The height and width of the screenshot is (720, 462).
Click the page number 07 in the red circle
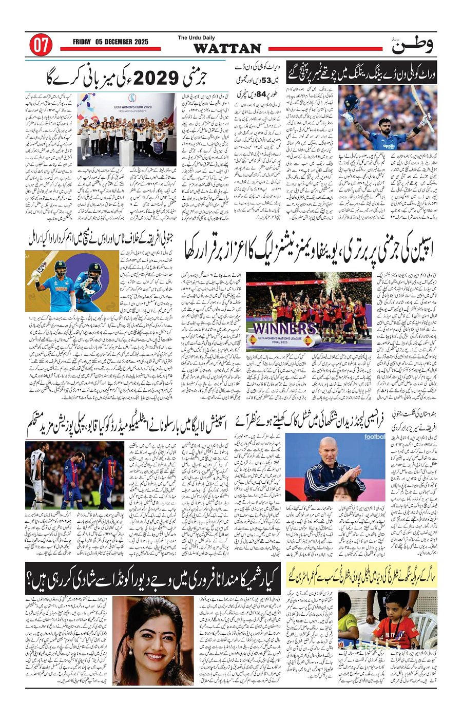(40, 45)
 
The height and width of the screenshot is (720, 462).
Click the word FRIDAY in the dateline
(84, 42)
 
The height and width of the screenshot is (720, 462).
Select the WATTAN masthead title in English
(228, 49)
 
